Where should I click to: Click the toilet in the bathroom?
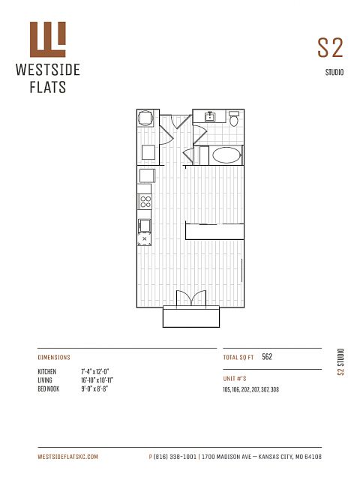[234, 118]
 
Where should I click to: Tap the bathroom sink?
[210, 116]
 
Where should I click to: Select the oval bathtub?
[226, 155]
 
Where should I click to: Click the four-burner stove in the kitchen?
[145, 202]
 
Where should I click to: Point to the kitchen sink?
[145, 226]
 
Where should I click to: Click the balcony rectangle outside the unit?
[191, 316]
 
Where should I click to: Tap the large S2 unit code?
[330, 48]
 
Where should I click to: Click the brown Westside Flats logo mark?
[48, 39]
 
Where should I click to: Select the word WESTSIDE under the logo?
[48, 70]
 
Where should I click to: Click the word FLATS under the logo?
[48, 87]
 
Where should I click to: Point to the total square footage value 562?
[267, 357]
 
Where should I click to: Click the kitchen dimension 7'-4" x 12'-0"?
[95, 372]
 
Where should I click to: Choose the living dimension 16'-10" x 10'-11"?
[97, 380]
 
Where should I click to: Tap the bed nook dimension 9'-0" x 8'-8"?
[94, 388]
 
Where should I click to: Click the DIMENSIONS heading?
[54, 357]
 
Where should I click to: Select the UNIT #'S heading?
[235, 379]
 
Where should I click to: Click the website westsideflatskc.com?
[68, 457]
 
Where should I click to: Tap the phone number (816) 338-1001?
[175, 457]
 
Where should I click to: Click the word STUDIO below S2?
[334, 72]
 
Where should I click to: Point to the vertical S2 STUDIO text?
[340, 361]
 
